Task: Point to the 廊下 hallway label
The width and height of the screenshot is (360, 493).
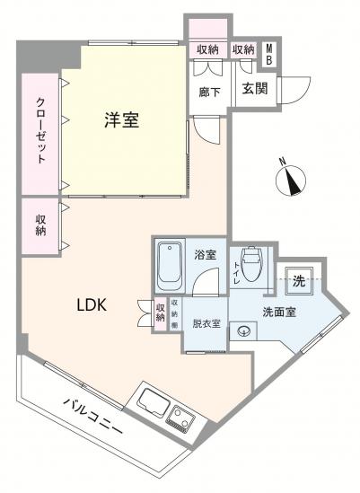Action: pos(206,90)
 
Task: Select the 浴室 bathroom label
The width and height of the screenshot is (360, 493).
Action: pos(205,254)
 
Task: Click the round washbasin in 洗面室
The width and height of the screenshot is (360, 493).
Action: pos(243,331)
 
